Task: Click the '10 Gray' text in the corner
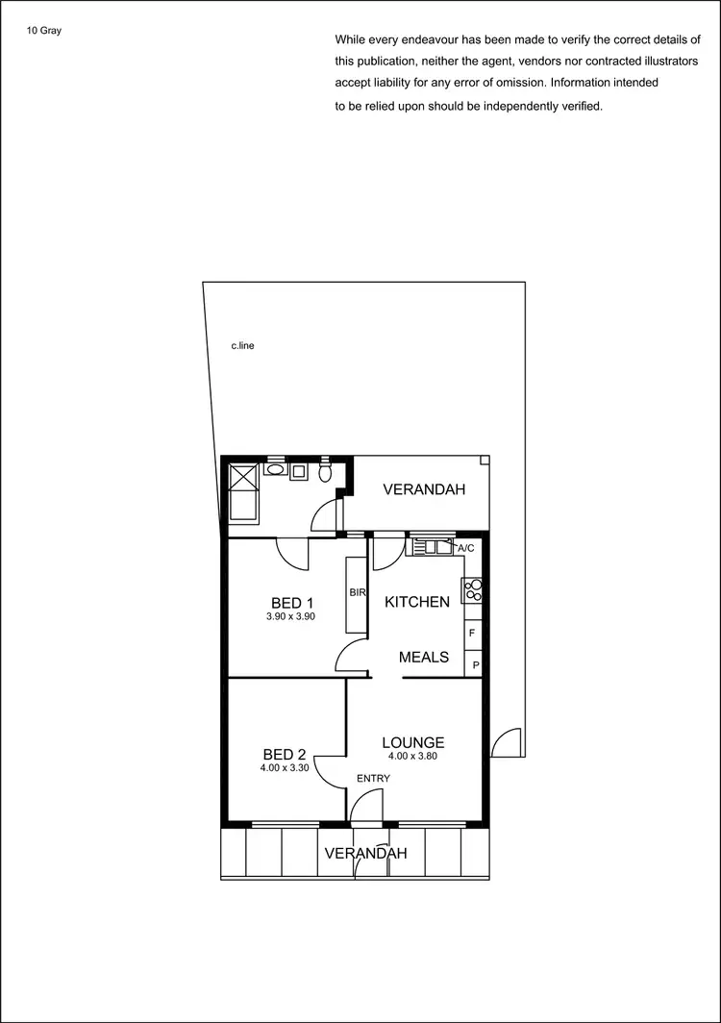coord(44,30)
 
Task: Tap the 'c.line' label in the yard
coord(242,345)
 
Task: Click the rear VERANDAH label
coord(424,489)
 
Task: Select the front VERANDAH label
coord(365,853)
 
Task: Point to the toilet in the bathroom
coord(326,472)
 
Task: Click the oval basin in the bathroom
coord(275,471)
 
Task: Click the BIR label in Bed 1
coord(356,593)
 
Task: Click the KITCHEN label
coord(417,602)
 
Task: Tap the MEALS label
coord(424,657)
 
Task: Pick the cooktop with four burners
coord(472,589)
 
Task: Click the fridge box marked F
coord(472,634)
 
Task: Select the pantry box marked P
coord(475,664)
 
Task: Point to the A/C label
coord(465,548)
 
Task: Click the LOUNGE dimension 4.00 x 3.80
coord(412,756)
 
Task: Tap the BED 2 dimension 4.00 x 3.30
coord(285,768)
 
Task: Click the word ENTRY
coord(373,778)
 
